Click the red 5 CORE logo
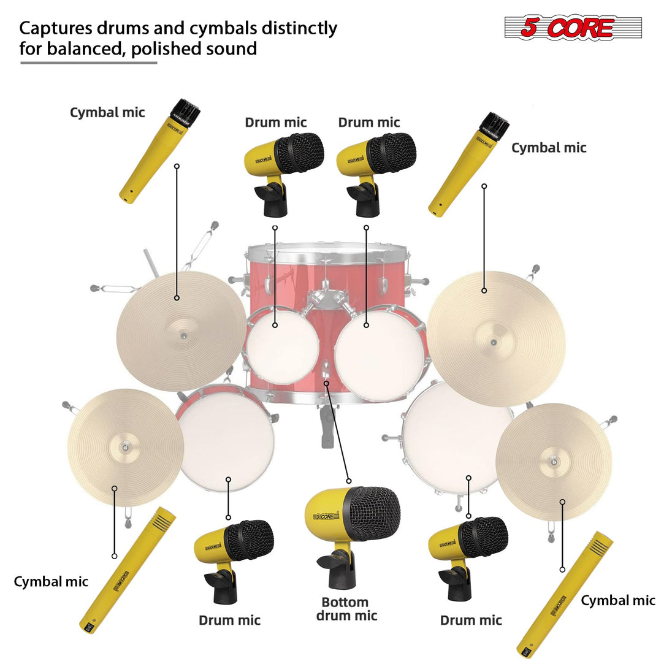point(573,28)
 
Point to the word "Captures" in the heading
point(54,28)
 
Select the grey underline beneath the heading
point(89,62)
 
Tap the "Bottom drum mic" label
point(346,609)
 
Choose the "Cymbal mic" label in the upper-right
point(548,148)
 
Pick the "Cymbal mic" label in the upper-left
point(107,112)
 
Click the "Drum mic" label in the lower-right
point(471,620)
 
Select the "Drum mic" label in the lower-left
point(229,620)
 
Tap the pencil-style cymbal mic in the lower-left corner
point(128,570)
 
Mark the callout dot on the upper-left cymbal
point(177,298)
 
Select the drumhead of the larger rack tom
point(380,353)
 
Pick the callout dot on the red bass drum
point(326,383)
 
